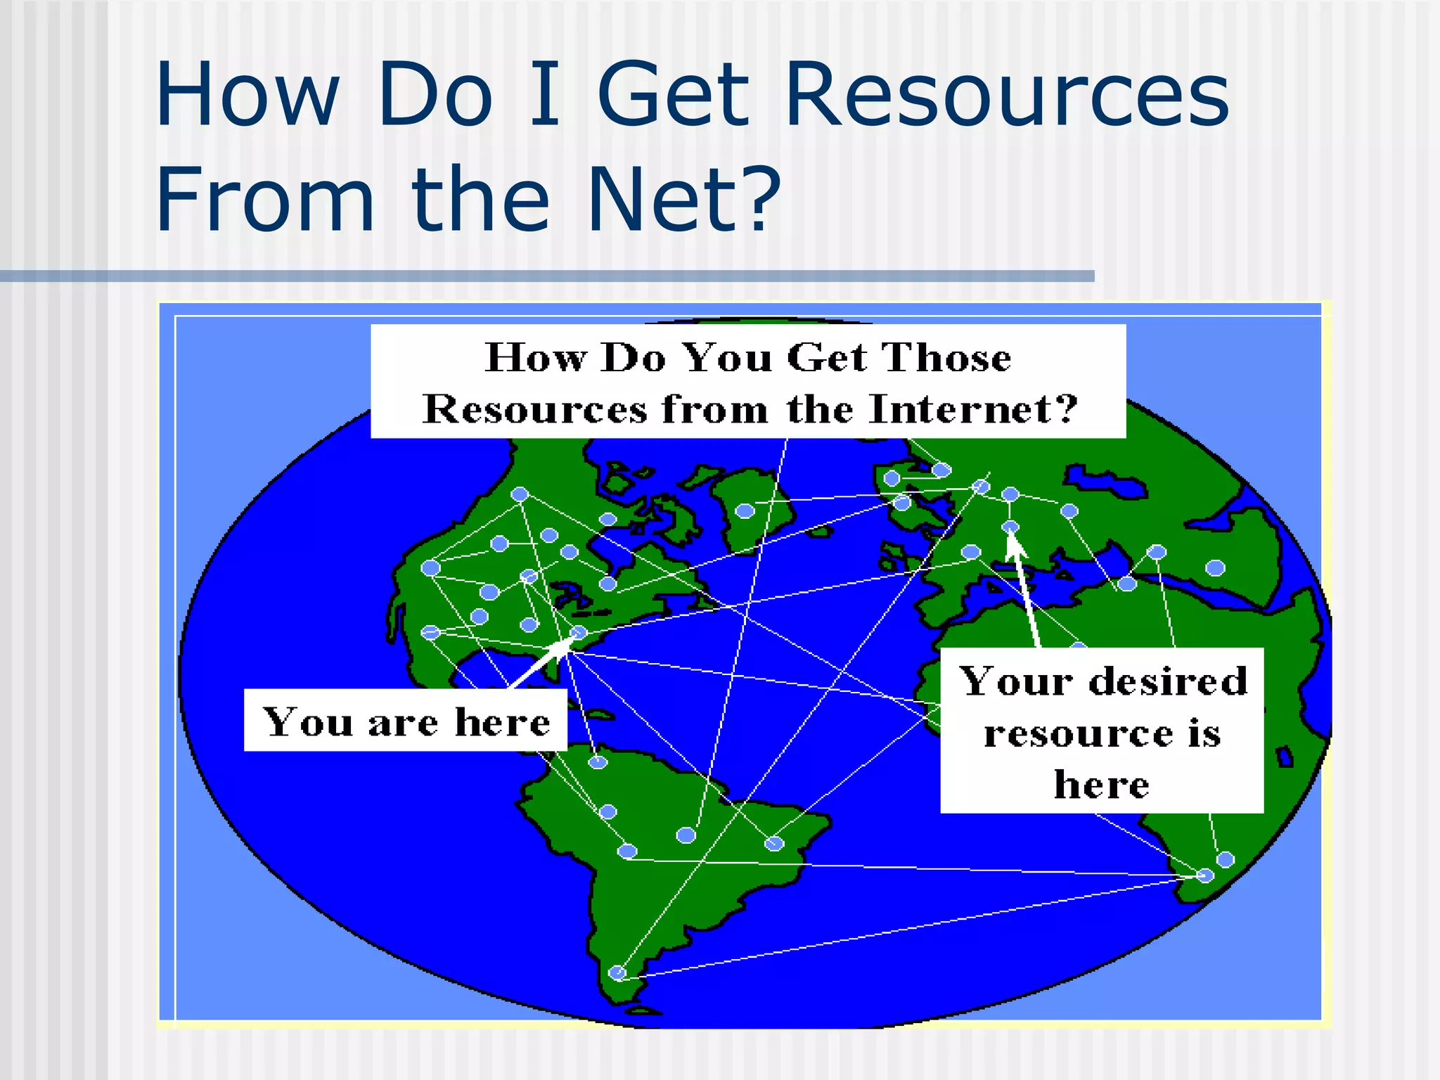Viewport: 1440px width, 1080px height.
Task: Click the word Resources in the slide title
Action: click(1007, 95)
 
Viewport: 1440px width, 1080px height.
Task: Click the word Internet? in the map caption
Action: click(973, 409)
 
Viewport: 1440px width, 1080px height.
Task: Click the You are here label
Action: click(405, 721)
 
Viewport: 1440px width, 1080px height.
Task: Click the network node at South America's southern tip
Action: click(617, 973)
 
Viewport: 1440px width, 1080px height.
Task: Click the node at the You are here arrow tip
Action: click(578, 633)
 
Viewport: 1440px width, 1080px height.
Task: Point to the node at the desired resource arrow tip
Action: click(1010, 527)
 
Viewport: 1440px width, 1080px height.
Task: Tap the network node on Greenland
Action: click(745, 510)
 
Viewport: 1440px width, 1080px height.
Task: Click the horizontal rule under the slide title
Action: click(547, 276)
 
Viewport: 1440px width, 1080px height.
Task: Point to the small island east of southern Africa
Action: click(1285, 757)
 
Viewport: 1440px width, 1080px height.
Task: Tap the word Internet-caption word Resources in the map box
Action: click(534, 409)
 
